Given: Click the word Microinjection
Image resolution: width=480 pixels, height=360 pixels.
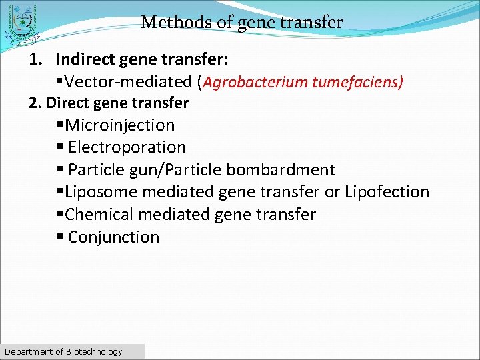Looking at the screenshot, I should pos(120,125).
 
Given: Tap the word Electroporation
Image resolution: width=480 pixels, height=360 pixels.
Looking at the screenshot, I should pos(127,147).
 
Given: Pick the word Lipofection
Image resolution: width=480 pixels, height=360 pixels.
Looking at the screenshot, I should pos(387,192).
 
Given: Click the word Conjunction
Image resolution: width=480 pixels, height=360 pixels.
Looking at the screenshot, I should pos(113,237).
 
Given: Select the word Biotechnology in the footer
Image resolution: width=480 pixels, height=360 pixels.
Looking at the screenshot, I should pos(94,351).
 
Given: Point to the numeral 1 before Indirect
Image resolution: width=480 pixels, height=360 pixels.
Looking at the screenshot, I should pos(33,59).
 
